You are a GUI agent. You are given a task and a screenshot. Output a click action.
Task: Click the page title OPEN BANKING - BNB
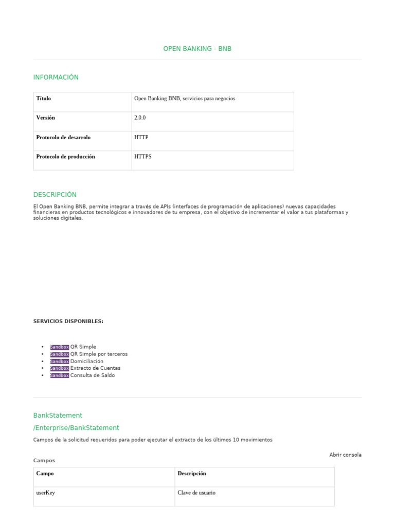point(197,49)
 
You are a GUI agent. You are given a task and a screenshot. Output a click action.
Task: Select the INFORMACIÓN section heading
point(56,78)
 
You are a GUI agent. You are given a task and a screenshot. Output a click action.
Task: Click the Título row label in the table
point(44,99)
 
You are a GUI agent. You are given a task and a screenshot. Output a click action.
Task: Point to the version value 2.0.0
point(140,118)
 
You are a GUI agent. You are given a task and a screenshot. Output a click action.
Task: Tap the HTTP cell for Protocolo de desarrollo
point(141,138)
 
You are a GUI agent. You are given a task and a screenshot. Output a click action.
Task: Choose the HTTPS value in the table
point(143,157)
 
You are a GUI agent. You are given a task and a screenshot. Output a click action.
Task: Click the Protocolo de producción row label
point(65,157)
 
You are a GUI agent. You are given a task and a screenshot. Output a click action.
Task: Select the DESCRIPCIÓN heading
point(55,195)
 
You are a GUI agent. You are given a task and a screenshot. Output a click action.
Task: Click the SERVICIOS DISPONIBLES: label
point(68,322)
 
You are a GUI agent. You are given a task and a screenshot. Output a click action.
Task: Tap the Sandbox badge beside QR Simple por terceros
point(59,354)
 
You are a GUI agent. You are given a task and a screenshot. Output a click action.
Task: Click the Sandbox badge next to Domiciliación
point(59,362)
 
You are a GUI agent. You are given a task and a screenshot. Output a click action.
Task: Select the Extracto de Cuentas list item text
point(95,368)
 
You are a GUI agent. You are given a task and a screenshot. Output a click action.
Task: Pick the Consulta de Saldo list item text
point(93,375)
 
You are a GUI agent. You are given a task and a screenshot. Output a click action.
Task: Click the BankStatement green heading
point(58,416)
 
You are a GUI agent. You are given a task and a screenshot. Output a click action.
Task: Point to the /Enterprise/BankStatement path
point(76,428)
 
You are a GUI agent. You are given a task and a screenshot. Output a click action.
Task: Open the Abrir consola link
point(345,455)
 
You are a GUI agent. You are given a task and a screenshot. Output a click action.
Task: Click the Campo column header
point(45,474)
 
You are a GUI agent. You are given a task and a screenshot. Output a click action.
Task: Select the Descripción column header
point(192,474)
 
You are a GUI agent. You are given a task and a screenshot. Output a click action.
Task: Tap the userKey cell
point(45,493)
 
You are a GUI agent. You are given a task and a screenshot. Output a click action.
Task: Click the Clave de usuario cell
point(196,493)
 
